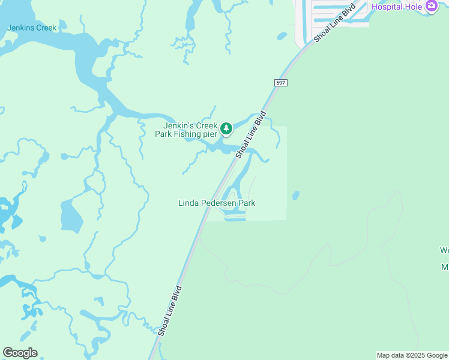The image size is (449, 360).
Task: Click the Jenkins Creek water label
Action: tap(31, 28)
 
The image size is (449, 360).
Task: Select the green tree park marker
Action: tap(226, 128)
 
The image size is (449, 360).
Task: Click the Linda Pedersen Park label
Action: tap(217, 203)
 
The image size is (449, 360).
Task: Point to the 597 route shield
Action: tap(281, 82)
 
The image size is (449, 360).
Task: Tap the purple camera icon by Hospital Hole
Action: tap(431, 6)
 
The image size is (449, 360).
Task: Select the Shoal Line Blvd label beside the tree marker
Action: tap(250, 135)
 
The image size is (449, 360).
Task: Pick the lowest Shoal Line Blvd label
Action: tap(169, 311)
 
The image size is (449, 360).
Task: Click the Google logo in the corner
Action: tap(20, 353)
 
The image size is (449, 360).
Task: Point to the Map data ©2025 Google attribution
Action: tap(412, 355)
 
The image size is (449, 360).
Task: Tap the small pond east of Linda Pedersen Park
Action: tap(295, 196)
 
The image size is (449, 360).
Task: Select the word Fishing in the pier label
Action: tap(185, 134)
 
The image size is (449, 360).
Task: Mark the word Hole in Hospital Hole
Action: tap(412, 7)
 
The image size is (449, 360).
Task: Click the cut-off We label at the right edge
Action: tap(444, 250)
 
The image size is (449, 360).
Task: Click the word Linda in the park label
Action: tap(187, 203)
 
